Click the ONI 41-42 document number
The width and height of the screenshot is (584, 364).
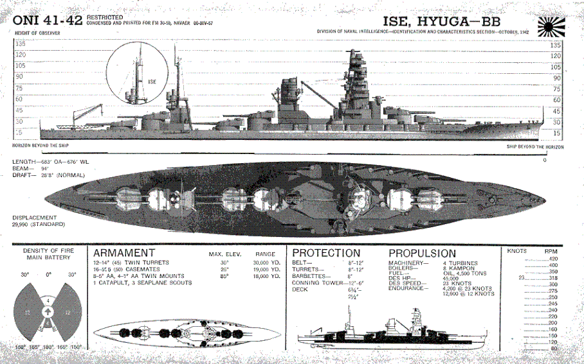coord(46,20)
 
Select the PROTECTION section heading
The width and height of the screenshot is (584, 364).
coord(326,253)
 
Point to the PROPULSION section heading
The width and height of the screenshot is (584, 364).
coord(422,253)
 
